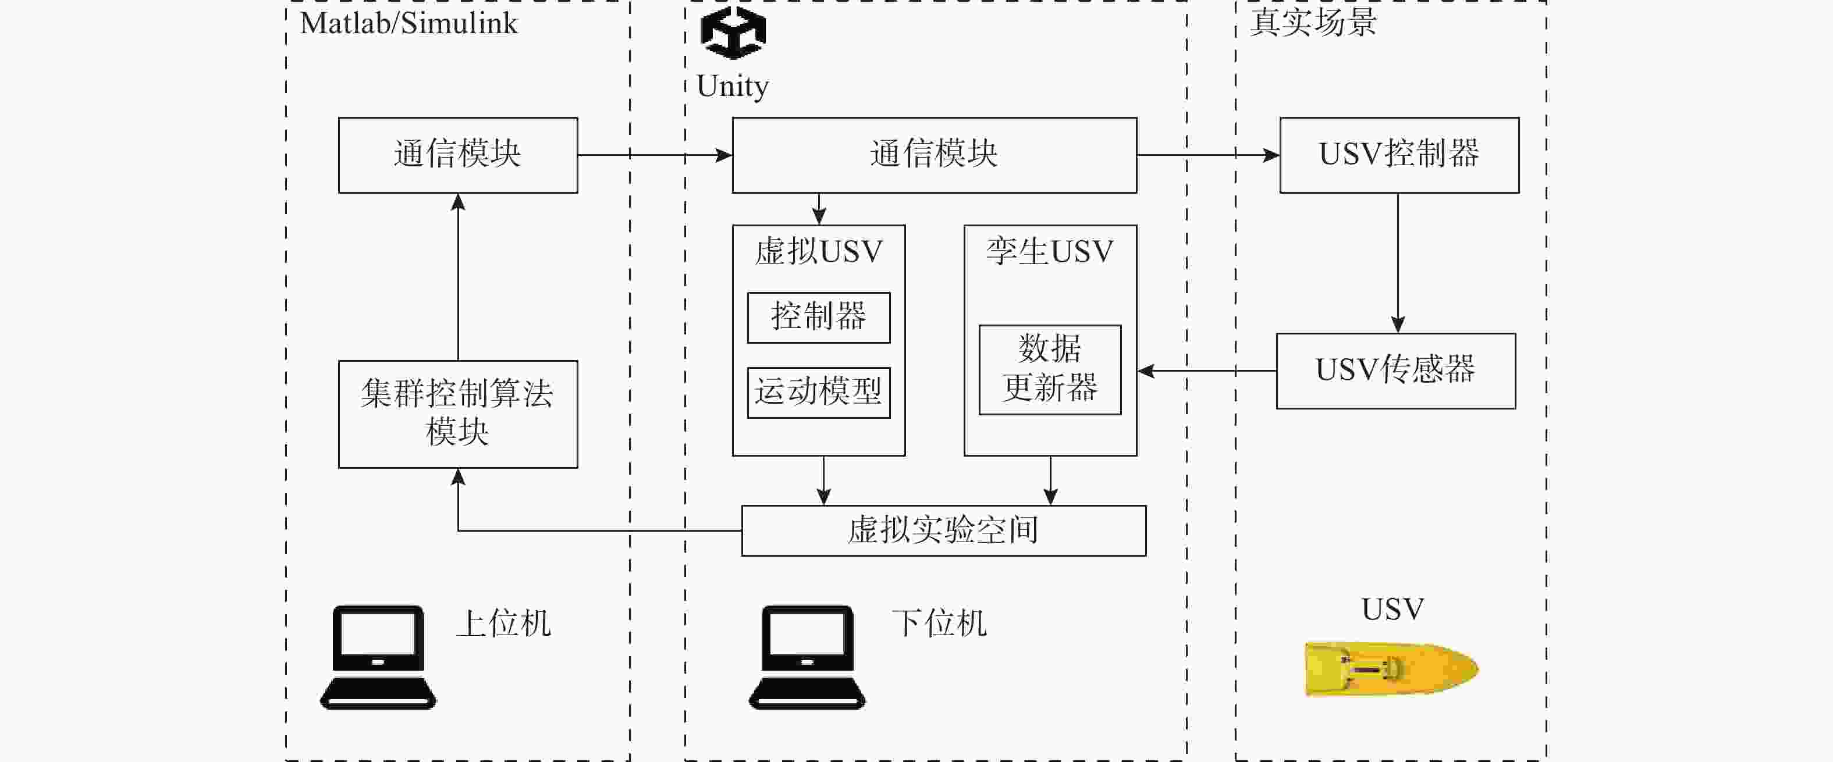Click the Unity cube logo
[733, 33]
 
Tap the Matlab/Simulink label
[408, 23]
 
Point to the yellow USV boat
[1391, 668]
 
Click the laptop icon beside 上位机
[378, 657]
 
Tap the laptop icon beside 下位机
[807, 657]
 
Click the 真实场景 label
[1313, 22]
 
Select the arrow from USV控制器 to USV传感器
[1398, 262]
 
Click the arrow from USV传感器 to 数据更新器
[1206, 371]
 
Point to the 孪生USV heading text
[1050, 252]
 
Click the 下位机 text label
[939, 623]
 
